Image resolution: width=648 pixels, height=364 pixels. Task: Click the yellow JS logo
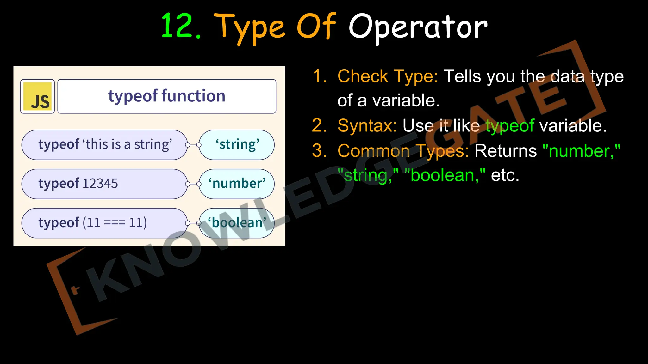point(38,96)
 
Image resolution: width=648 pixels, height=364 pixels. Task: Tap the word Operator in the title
point(418,28)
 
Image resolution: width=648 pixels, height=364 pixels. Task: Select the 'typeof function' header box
point(167,96)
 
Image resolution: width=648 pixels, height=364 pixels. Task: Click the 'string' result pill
point(237,145)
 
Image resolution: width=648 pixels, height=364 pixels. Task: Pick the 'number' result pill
point(237,184)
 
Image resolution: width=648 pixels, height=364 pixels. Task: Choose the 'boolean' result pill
point(237,223)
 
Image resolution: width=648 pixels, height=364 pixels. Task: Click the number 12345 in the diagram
point(100,184)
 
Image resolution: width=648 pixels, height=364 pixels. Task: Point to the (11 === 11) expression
point(115,223)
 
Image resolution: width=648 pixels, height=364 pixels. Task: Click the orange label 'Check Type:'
point(388,76)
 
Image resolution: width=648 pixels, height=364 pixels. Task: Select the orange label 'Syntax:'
point(367,126)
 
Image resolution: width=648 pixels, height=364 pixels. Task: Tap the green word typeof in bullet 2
point(510,126)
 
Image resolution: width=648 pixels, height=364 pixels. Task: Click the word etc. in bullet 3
point(505,175)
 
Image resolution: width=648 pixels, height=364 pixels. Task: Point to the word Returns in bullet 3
point(505,151)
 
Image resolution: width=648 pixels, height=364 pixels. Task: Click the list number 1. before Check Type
point(319,76)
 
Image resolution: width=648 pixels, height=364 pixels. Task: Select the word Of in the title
point(316,27)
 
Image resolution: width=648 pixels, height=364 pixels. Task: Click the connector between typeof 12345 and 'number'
point(193,184)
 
